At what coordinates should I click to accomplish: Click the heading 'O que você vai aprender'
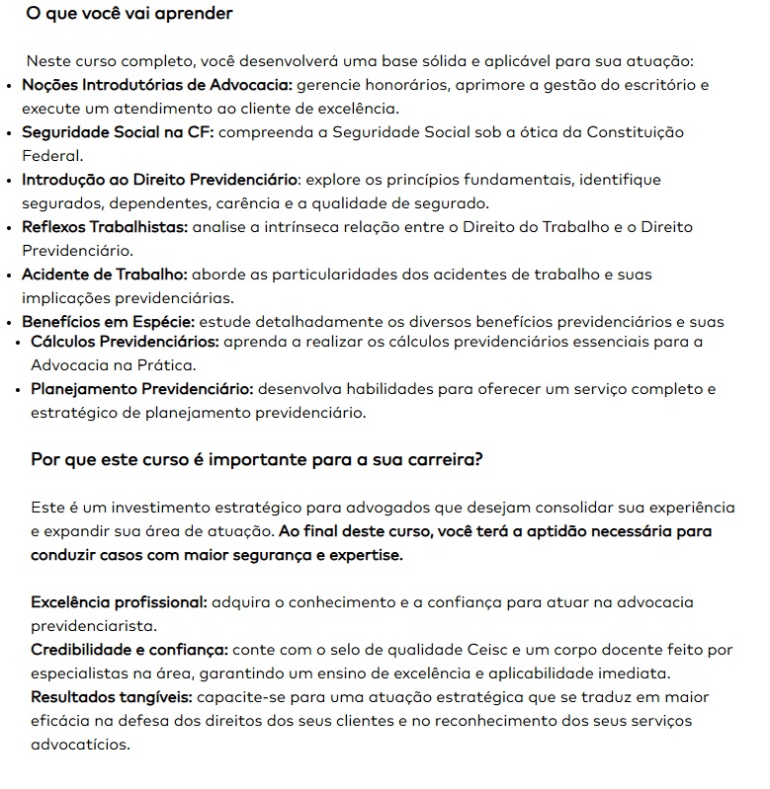[x=128, y=15]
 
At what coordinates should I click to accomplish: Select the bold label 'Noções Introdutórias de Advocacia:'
[x=156, y=85]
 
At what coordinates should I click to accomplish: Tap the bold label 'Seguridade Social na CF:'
[x=117, y=132]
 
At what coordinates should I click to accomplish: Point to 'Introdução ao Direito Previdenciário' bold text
[x=159, y=180]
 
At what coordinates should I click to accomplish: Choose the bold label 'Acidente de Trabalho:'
[x=104, y=275]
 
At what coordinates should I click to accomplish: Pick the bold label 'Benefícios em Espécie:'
[x=108, y=322]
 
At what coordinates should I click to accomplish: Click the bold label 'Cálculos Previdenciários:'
[x=125, y=343]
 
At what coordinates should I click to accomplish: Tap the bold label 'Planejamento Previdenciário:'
[x=142, y=389]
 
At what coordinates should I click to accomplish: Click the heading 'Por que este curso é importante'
[x=257, y=460]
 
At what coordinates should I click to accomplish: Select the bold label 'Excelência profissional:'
[x=119, y=602]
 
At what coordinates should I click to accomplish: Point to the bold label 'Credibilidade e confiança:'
[x=129, y=650]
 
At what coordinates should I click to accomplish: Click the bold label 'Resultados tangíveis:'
[x=111, y=697]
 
